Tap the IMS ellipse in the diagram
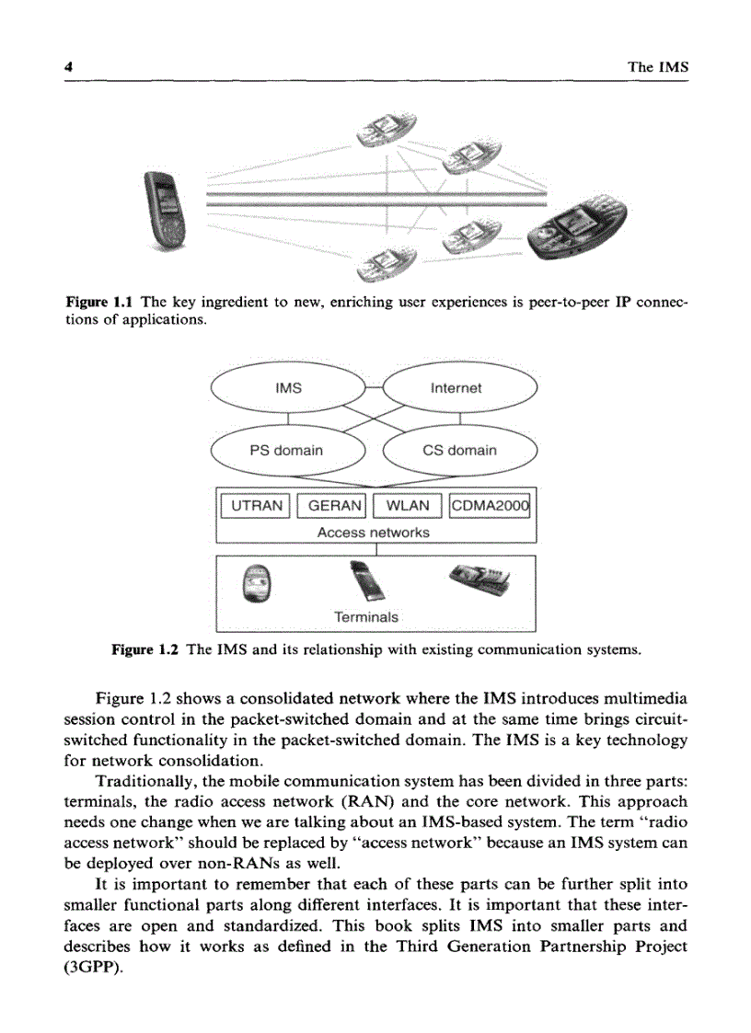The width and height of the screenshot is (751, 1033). pos(289,388)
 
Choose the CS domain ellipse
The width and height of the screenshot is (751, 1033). pos(459,450)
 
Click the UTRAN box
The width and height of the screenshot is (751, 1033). pos(257,506)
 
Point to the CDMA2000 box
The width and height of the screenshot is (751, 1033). pos(491,506)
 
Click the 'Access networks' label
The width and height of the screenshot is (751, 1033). pos(373,532)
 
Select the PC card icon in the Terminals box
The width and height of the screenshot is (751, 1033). pos(371,583)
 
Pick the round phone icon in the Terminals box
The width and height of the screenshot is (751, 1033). pos(257,583)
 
